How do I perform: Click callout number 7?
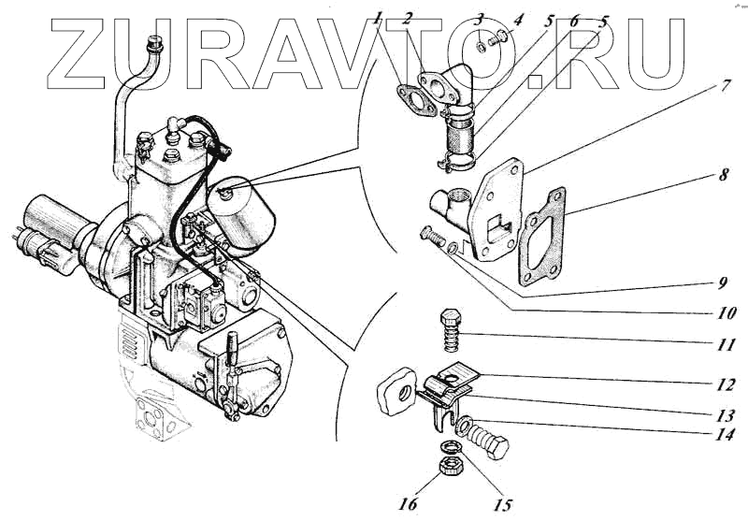[726, 86]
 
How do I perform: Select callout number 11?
[726, 344]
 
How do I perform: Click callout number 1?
[377, 16]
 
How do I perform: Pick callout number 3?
[479, 18]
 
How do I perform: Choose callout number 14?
[726, 435]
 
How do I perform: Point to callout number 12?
[726, 383]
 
